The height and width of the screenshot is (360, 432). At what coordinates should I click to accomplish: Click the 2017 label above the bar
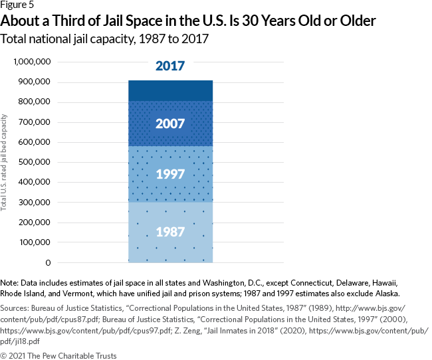[170, 66]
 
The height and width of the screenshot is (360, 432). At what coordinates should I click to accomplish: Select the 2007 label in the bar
[170, 124]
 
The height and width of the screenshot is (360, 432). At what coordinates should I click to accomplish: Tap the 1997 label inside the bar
[170, 174]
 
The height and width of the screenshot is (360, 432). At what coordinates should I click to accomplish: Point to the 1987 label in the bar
[170, 232]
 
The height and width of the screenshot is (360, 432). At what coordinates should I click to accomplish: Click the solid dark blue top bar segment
[170, 90]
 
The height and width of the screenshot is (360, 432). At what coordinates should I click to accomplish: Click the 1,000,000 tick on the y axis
[32, 62]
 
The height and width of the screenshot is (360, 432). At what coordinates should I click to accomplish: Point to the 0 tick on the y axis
[49, 262]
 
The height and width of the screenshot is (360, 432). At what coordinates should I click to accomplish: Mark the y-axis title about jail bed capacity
[5, 163]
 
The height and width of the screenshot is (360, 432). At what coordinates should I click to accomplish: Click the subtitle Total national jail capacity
[106, 39]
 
